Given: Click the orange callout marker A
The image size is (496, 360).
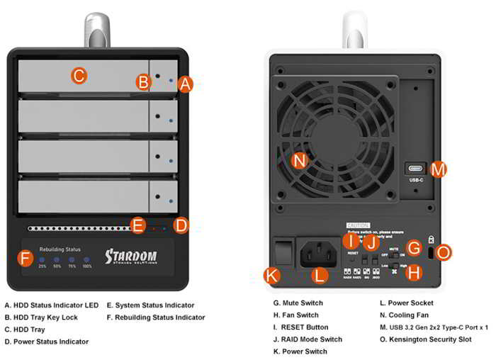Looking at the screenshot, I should point(185,84).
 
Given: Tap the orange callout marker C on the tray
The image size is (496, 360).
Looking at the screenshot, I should point(79,75).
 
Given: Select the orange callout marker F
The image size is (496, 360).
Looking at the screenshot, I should point(26,258).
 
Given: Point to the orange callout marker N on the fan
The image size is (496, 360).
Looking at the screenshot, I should point(300,160).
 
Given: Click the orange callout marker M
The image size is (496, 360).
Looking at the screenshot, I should point(439,169).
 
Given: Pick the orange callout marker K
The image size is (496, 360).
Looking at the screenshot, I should point(271,275).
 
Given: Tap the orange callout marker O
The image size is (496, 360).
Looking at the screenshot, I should point(444,252).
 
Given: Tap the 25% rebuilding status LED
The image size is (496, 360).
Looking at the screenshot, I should point(43,259).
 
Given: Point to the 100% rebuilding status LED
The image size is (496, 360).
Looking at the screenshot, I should point(86,259).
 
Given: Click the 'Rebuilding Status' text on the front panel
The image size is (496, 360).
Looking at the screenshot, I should point(60,249).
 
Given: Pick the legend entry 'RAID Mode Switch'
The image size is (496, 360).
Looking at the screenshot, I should point(308,339).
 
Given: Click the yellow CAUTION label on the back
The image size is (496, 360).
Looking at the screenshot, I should point(358,225).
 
